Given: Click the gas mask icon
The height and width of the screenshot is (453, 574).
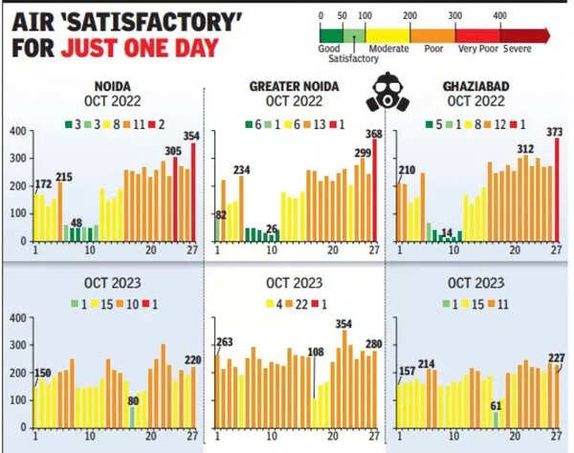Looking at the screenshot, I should (385, 93).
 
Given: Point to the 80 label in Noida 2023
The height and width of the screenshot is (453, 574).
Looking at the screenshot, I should (133, 400).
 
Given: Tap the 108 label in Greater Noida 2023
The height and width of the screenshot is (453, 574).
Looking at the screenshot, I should (315, 353).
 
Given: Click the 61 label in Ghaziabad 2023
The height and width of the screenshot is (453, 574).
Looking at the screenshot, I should (495, 406).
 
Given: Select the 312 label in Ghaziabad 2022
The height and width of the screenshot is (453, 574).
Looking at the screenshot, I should (525, 149).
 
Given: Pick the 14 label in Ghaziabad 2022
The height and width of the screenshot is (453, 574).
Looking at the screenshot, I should (446, 232).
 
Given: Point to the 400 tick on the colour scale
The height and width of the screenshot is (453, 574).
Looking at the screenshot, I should (499, 16).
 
